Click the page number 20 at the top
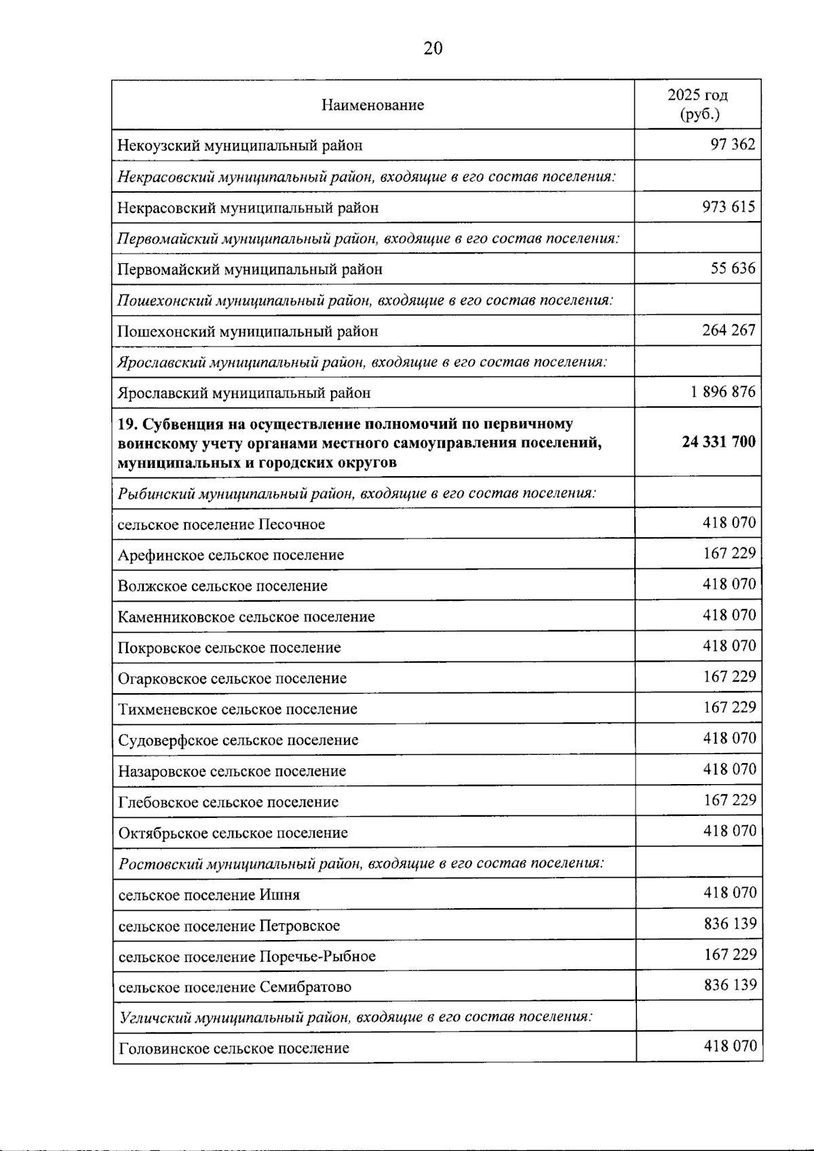tap(433, 48)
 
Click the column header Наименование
tap(372, 105)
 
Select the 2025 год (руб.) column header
tap(698, 104)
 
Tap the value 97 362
tap(732, 144)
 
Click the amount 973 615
tap(728, 207)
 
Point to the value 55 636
tap(733, 269)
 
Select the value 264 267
tap(728, 330)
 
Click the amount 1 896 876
tap(723, 392)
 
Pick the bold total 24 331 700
tap(718, 442)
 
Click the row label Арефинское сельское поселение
tap(231, 555)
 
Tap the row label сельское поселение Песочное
tap(221, 524)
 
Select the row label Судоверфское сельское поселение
tap(238, 740)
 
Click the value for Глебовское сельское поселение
tap(729, 800)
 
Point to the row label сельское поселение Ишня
tap(209, 895)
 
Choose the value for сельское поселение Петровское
tap(730, 924)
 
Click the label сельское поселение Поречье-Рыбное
tap(247, 956)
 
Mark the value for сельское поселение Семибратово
tap(730, 985)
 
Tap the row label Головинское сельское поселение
tap(234, 1049)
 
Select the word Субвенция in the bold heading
tap(174, 425)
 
